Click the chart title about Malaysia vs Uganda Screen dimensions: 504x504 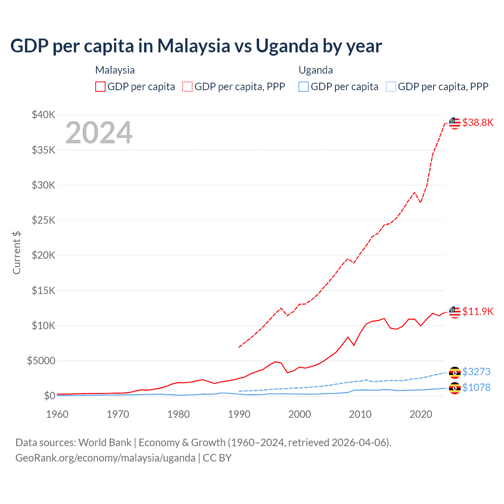[196, 46]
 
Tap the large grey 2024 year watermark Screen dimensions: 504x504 [99, 133]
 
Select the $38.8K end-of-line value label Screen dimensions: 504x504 [478, 122]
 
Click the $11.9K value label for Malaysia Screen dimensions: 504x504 [478, 311]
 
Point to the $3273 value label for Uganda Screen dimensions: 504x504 [476, 372]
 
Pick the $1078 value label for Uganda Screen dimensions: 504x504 [476, 387]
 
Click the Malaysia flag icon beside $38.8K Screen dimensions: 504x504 [455, 123]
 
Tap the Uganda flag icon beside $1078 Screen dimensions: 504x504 [455, 388]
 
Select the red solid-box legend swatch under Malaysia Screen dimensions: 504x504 [100, 87]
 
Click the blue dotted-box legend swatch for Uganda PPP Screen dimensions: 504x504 [391, 87]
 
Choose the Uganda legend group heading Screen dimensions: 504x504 [316, 70]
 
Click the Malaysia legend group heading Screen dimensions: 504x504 [115, 70]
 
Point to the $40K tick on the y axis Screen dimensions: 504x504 [44, 115]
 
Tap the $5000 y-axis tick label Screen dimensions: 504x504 [41, 361]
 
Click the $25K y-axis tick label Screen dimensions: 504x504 [44, 220]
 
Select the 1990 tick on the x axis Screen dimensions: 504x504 [239, 414]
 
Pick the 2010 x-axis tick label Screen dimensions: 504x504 [360, 414]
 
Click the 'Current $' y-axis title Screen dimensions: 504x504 [17, 252]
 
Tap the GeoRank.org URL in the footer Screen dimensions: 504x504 [105, 458]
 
